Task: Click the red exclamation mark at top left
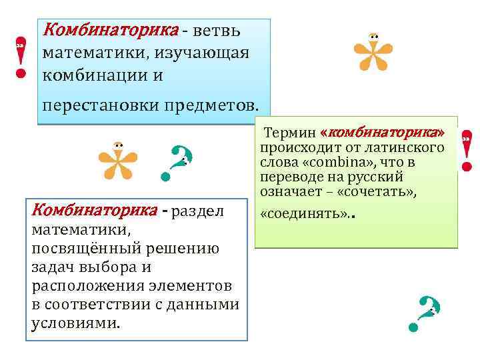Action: point(21,57)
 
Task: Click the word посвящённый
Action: point(74,249)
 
